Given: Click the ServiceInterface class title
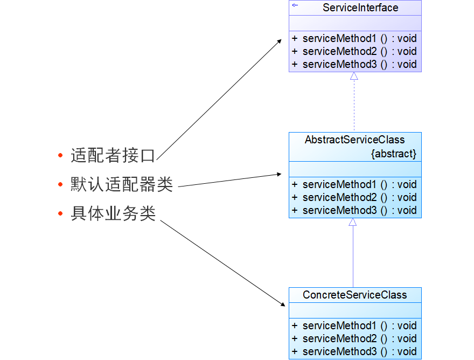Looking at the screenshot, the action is pos(360,8).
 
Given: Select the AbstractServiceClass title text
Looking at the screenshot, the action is pos(354,140).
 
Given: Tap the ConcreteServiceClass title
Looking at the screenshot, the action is pos(354,295).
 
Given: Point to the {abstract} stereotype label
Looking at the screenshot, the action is pos(394,154).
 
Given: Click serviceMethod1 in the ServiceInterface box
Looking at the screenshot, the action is pos(339,38).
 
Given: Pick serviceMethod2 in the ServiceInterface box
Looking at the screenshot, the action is pos(339,51).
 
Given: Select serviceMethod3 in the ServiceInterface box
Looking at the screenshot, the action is pos(339,65).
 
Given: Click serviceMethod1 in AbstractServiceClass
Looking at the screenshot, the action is pos(339,184).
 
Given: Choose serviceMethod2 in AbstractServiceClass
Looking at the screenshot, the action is pos(339,197).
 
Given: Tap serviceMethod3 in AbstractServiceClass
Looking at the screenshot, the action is pos(339,210).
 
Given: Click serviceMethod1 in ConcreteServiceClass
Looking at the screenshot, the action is pos(339,326).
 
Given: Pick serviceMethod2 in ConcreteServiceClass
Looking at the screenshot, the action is pos(339,338).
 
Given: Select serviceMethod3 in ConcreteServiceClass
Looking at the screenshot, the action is pos(339,351).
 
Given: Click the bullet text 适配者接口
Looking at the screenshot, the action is pos(113,156).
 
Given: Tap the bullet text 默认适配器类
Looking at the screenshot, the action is pos(122,184).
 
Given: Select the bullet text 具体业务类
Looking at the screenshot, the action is pos(113,213).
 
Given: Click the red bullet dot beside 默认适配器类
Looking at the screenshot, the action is pos(60,184).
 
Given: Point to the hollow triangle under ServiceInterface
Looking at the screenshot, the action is pos(354,76).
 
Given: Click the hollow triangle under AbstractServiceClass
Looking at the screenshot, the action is pos(352,222).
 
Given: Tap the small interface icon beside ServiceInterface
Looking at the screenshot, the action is pos(295,5).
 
